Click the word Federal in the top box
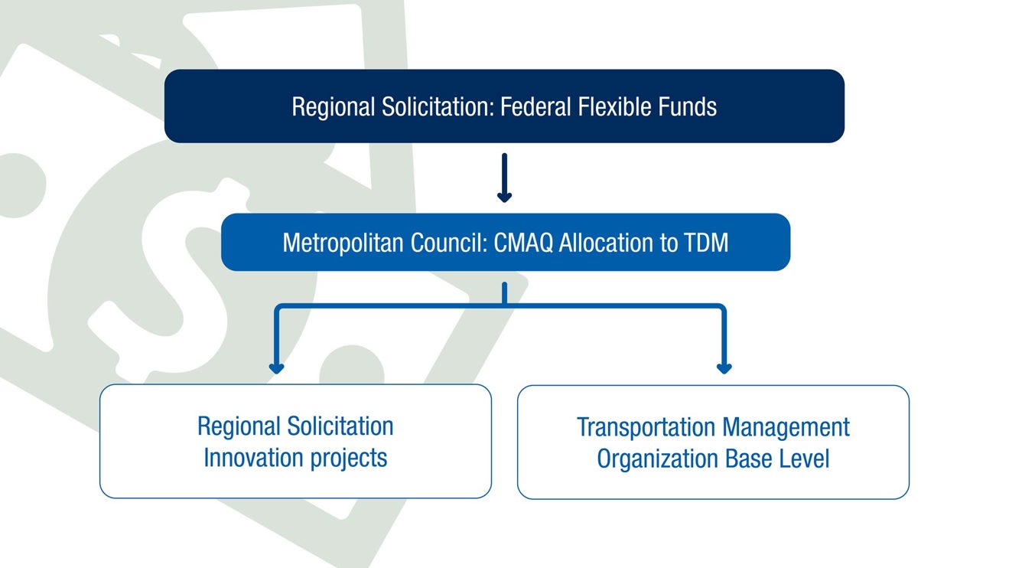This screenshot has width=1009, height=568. tap(535, 107)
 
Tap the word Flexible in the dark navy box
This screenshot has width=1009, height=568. tap(614, 107)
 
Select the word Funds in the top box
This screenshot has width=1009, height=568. tap(688, 107)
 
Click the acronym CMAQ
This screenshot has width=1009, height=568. tap(523, 243)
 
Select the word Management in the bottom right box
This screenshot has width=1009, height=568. tap(786, 428)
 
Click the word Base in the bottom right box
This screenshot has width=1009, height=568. tap(749, 459)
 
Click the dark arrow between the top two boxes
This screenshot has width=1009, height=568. tap(505, 178)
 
